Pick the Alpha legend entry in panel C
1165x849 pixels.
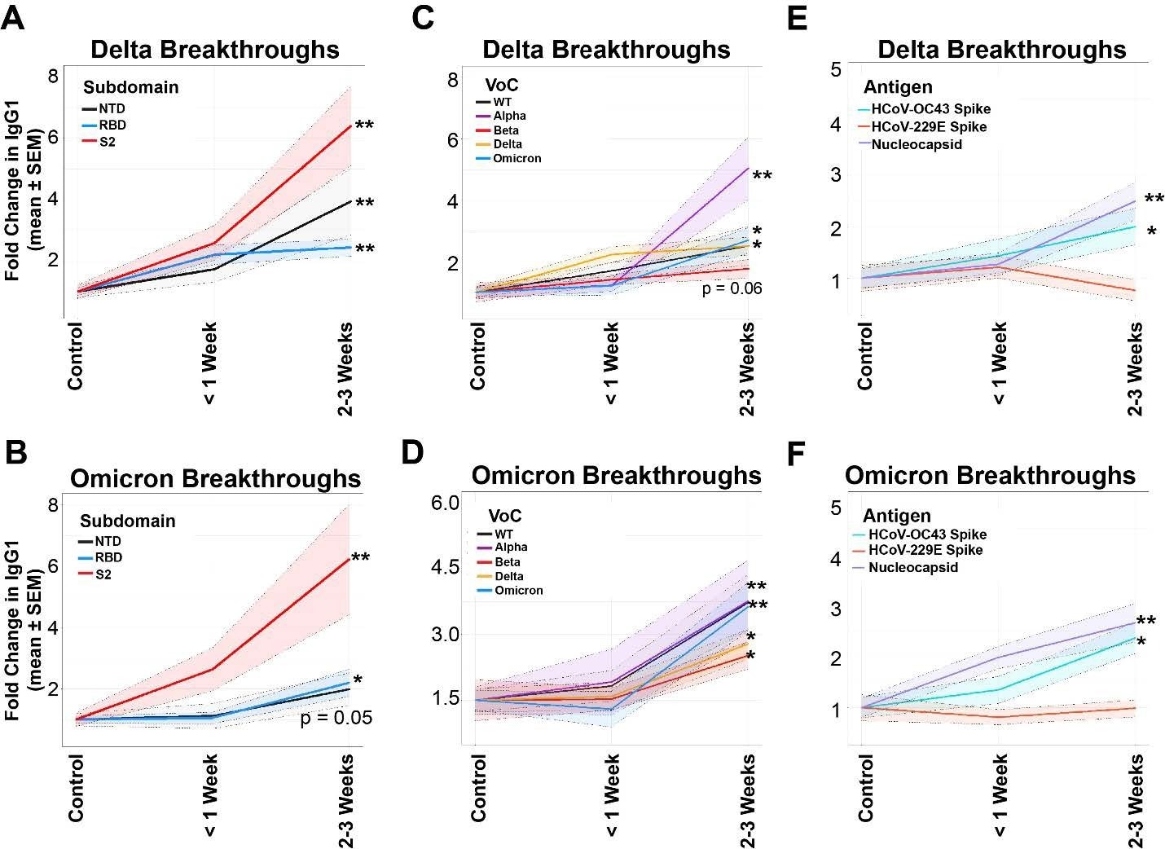pyautogui.click(x=509, y=116)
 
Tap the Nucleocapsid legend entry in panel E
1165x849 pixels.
pyautogui.click(x=916, y=144)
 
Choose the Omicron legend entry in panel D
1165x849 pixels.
pyautogui.click(x=518, y=590)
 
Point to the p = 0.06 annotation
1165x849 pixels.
pyautogui.click(x=732, y=288)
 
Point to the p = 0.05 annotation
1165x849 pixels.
pyautogui.click(x=336, y=717)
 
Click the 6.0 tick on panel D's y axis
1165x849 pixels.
pyautogui.click(x=446, y=503)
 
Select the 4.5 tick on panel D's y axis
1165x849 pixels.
pyautogui.click(x=446, y=568)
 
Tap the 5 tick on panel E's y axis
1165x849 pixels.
pyautogui.click(x=835, y=69)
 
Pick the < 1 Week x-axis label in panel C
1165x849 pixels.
pyautogui.click(x=611, y=363)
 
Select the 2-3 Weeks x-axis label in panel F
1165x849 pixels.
pyautogui.click(x=1135, y=801)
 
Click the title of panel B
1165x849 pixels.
pyautogui.click(x=215, y=478)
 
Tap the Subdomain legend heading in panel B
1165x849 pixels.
pyautogui.click(x=127, y=521)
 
